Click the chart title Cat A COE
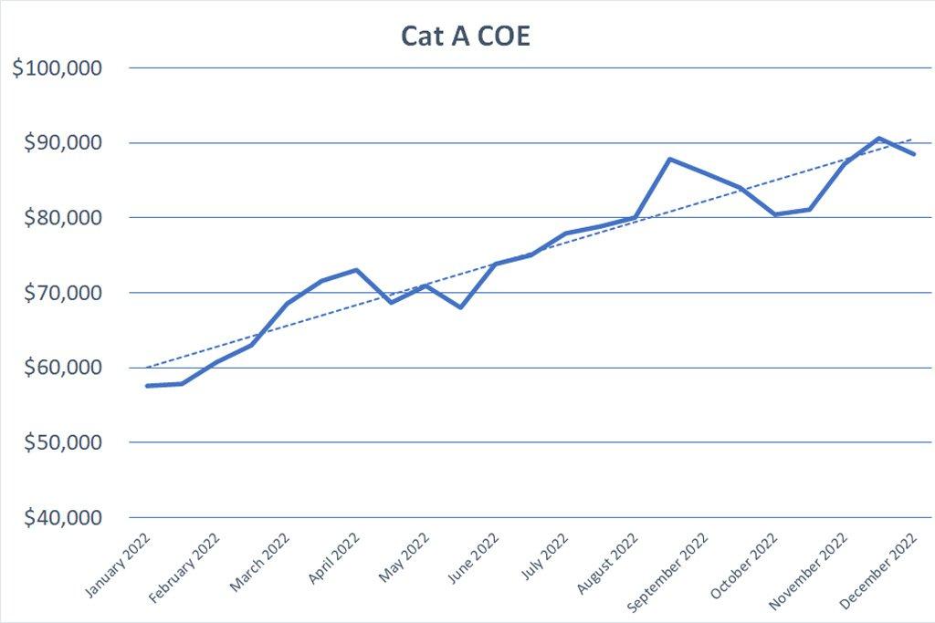tap(467, 36)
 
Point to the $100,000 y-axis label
tap(58, 68)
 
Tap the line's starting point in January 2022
tap(147, 386)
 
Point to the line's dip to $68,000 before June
tap(460, 307)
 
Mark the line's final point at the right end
tap(913, 154)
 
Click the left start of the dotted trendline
tap(147, 368)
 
